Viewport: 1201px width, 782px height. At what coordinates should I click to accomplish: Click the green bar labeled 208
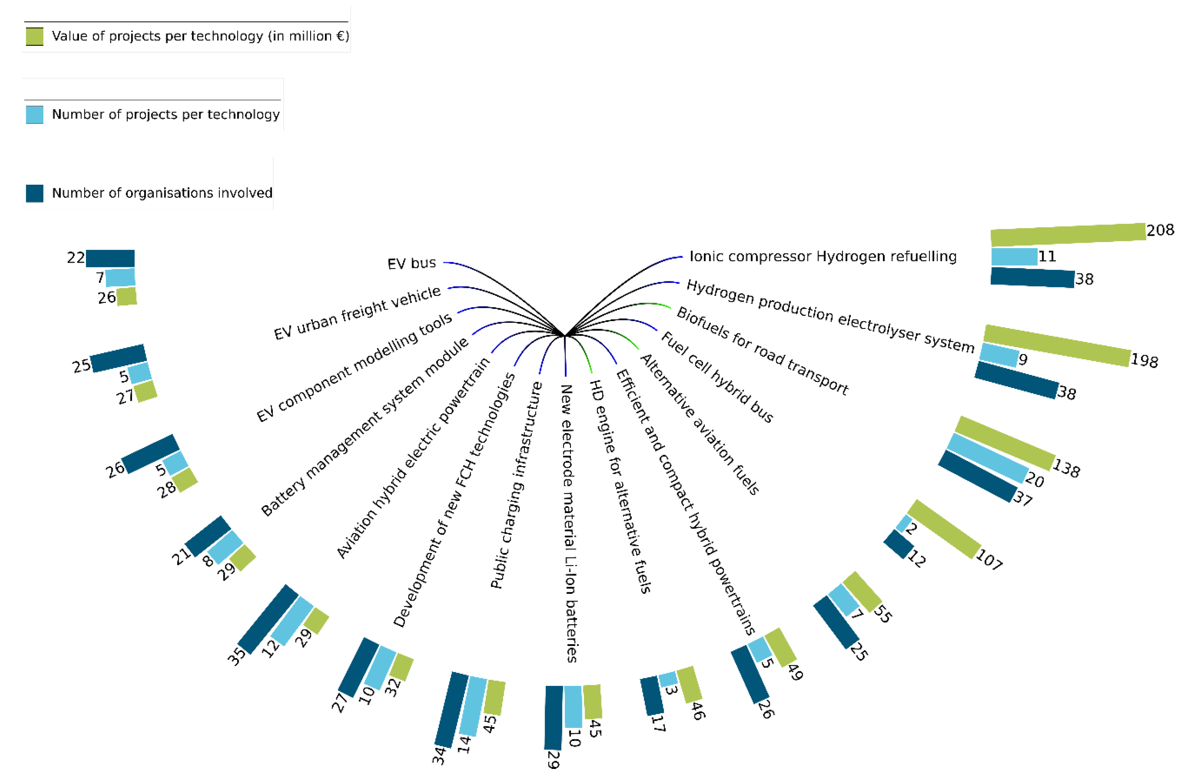[1067, 234]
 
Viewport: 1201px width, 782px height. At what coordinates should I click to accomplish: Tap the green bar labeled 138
[1004, 443]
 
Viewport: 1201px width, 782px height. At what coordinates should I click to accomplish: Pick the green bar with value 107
[944, 529]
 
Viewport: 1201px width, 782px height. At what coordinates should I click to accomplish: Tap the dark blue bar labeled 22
[110, 258]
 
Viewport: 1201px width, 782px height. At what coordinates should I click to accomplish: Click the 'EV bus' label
[411, 263]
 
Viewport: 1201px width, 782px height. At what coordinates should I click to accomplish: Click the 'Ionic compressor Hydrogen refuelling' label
[822, 256]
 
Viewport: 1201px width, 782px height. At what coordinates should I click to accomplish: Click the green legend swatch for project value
[34, 36]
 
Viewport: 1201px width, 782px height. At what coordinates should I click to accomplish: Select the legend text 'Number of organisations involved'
[161, 193]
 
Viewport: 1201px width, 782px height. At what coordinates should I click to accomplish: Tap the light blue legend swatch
[34, 115]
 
